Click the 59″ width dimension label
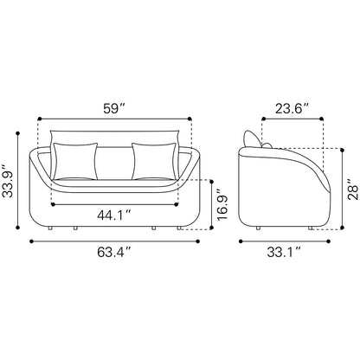click(114, 109)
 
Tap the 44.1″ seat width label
click(114, 215)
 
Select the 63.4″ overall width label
click(114, 252)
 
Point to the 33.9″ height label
click(8, 181)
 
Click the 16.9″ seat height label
click(222, 205)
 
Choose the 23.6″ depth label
click(292, 109)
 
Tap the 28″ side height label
click(353, 190)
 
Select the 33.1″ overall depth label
click(284, 252)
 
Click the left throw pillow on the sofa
click(75, 161)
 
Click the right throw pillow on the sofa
click(154, 161)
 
